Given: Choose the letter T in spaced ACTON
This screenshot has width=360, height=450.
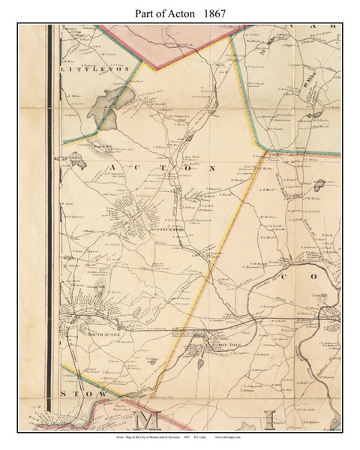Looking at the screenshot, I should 168,167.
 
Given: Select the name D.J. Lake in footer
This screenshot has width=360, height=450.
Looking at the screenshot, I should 235,437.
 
